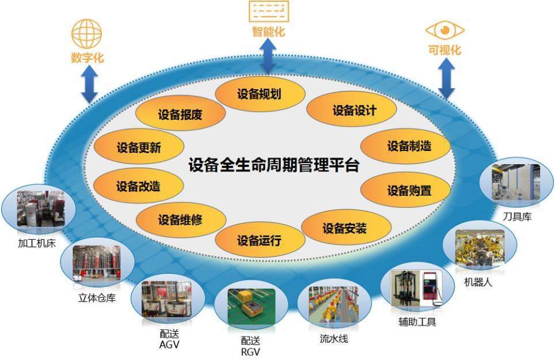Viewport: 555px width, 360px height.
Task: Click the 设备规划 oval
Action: coord(260,94)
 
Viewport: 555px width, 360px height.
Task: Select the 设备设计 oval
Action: coord(351,110)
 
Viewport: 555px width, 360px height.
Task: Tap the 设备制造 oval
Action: coord(405,146)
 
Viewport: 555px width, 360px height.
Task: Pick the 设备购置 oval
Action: coord(405,190)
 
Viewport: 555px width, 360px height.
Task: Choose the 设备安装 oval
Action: coord(346,228)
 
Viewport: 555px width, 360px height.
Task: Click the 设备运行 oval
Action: coord(260,240)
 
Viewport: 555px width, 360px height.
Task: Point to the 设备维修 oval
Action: coord(181,220)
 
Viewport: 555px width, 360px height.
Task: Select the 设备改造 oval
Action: coord(138,185)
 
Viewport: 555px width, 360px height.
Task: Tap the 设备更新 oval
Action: coord(139,146)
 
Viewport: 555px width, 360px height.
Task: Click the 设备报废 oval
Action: coord(181,113)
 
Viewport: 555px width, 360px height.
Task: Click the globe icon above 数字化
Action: coord(87,33)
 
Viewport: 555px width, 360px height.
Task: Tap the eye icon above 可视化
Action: coord(444,31)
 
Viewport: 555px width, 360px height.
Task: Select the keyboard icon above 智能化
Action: coord(269,12)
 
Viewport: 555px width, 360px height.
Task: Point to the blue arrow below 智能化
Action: coord(269,55)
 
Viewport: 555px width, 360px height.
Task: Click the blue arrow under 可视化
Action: coord(446,79)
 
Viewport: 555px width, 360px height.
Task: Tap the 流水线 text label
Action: coord(334,339)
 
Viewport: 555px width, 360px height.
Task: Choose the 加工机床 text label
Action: coord(37,243)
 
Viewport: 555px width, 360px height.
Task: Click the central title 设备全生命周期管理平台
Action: coord(273,165)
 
